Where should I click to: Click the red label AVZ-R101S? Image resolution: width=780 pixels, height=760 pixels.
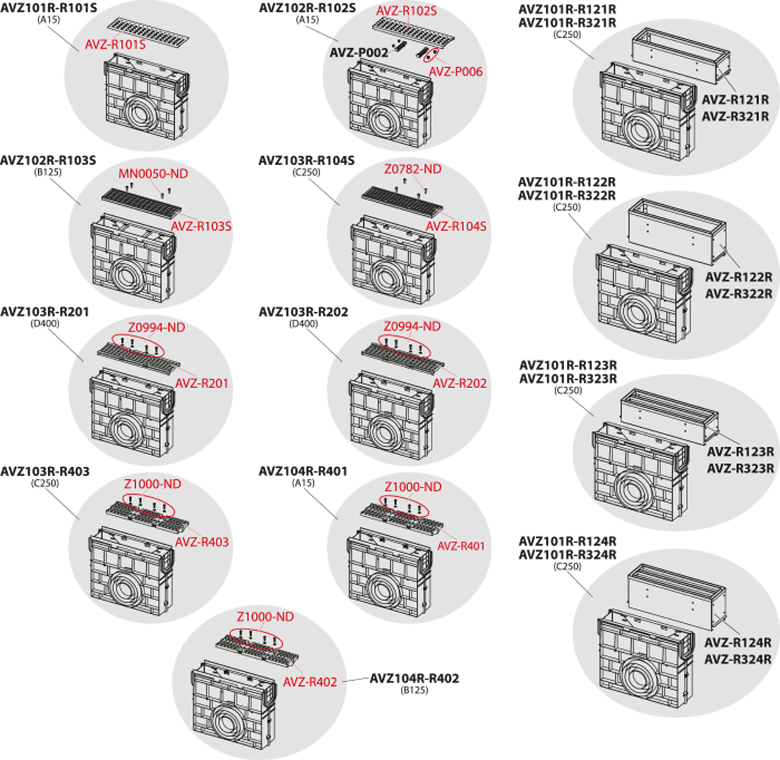point(115,45)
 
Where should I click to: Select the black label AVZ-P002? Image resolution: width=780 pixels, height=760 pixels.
point(358,53)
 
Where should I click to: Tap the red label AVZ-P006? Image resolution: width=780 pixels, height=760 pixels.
point(456,72)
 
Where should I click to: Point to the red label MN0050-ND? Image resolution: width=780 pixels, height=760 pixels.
point(153,174)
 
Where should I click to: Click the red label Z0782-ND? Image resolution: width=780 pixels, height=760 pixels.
point(412,169)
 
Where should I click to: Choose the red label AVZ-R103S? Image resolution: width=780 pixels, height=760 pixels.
point(201,226)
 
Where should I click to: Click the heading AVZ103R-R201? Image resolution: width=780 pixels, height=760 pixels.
point(44,313)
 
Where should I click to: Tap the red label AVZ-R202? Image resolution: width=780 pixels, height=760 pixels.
point(460,384)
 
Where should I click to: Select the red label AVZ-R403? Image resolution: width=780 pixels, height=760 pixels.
point(201,542)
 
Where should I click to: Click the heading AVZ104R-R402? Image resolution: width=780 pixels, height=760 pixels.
point(414,679)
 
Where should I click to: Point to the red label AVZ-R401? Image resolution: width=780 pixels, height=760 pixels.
point(461,546)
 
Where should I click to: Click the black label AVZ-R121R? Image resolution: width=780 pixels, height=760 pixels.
point(735,100)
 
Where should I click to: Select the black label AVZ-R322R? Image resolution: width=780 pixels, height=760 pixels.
point(739,294)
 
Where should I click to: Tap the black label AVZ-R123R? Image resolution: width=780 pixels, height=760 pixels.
point(740,452)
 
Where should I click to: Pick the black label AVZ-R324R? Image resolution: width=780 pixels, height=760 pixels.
point(738,659)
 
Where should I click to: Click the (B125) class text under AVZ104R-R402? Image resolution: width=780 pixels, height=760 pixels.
point(415,690)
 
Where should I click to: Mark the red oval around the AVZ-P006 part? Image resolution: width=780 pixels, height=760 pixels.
point(430,55)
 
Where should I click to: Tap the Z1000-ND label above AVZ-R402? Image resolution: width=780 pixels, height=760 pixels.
point(265,616)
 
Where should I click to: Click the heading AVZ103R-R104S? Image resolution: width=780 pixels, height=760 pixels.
point(307,161)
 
